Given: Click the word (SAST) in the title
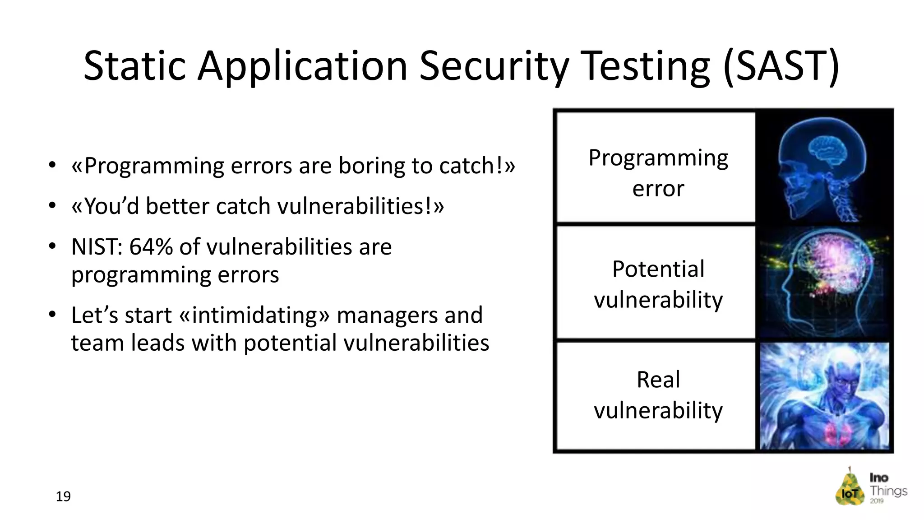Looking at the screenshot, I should [781, 66].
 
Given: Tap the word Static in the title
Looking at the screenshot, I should [134, 66].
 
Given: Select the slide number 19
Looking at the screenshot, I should [63, 497].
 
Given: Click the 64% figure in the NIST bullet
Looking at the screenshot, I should [151, 247].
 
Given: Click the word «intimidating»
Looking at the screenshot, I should [254, 315].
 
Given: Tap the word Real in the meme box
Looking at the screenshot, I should [658, 380].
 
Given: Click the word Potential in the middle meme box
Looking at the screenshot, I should [658, 269].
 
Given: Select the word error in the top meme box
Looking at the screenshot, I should [658, 188].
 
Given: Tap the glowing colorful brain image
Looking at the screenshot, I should [824, 283].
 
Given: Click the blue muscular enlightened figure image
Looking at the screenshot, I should [824, 396].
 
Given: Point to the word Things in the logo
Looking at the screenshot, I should [888, 491].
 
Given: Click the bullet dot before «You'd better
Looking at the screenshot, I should [52, 206].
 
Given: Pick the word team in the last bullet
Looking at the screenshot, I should [97, 343].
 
